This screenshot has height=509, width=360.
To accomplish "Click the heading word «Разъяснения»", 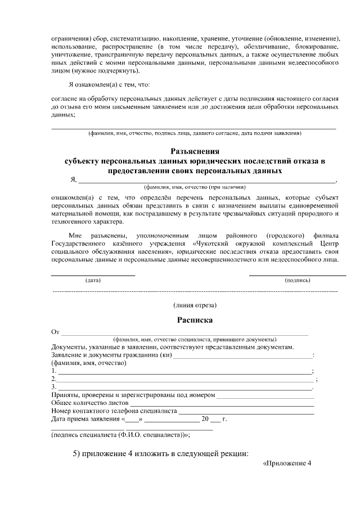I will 195,151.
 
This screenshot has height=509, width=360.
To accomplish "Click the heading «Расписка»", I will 195,320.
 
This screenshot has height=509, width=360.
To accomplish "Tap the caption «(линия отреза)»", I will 195,305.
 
